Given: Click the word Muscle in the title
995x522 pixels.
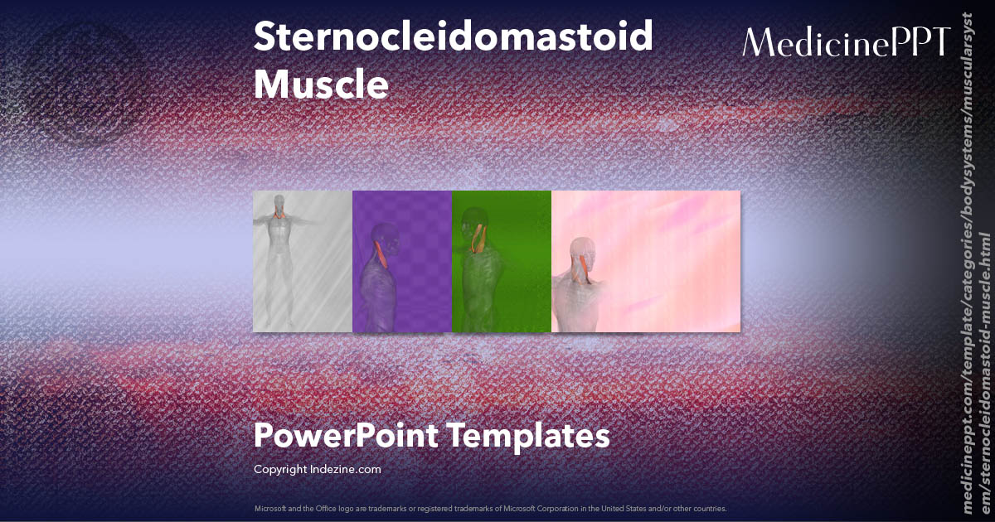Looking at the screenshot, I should pyautogui.click(x=321, y=85).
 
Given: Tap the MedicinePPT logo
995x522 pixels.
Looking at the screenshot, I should pyautogui.click(x=847, y=42).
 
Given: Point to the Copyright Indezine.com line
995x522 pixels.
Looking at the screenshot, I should pyautogui.click(x=317, y=469).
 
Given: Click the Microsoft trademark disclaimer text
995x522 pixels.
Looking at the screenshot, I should pyautogui.click(x=491, y=508).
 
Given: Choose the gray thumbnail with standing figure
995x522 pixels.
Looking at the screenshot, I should pyautogui.click(x=303, y=261).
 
